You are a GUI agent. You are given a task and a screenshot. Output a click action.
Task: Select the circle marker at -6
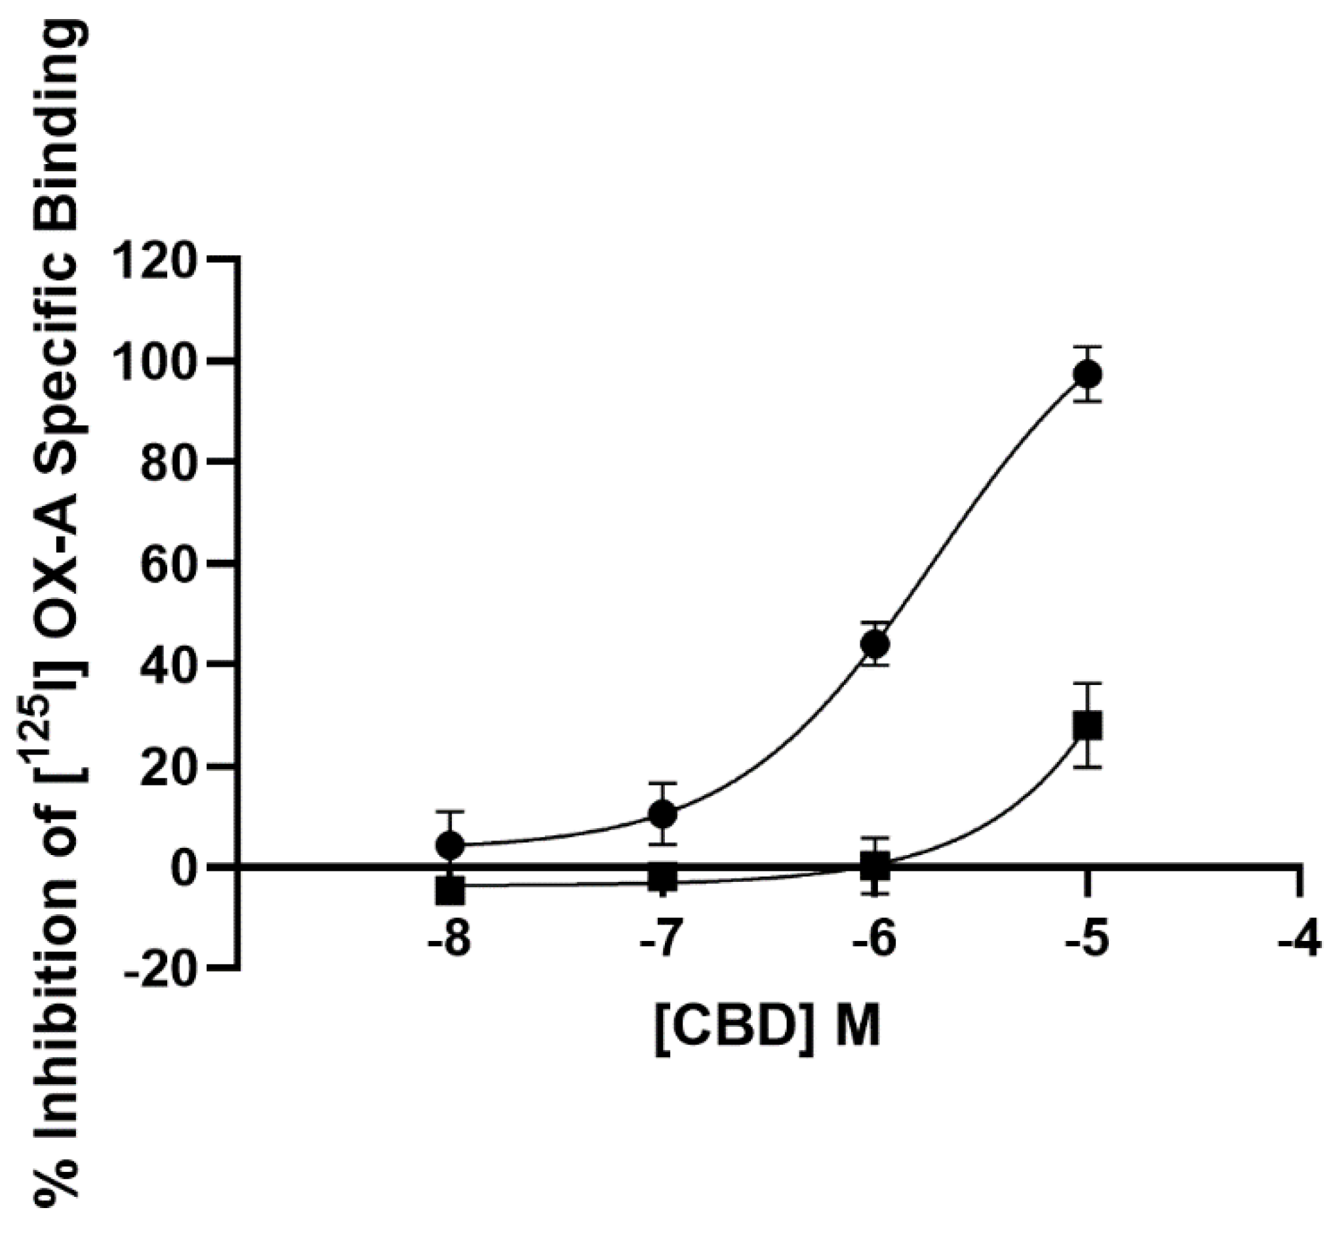874,644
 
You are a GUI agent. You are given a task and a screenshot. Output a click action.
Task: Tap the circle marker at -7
662,813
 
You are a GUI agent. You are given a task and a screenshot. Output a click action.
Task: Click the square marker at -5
1087,726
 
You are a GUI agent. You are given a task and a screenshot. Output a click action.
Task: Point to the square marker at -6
874,867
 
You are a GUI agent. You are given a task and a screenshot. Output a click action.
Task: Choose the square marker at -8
450,890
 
